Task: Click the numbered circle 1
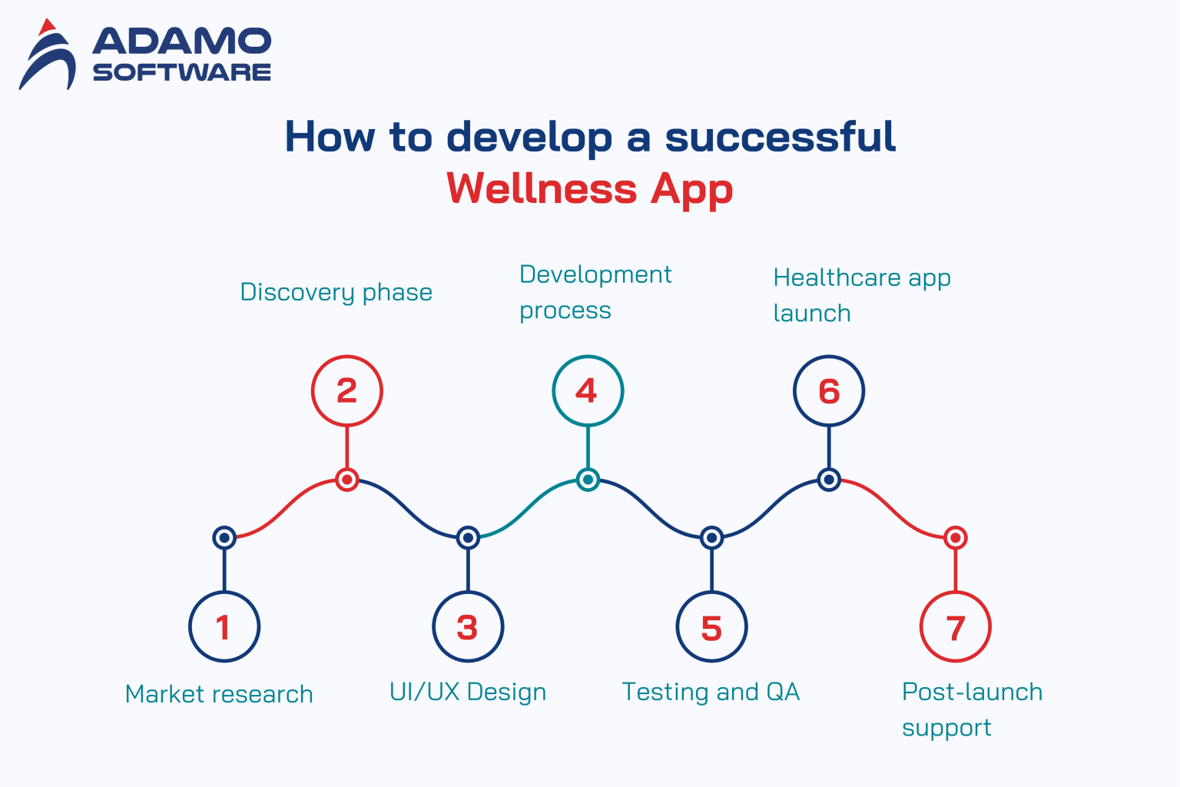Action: pyautogui.click(x=224, y=626)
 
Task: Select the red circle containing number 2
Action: pyautogui.click(x=346, y=390)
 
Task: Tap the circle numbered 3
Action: pyautogui.click(x=468, y=626)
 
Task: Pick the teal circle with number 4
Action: pyautogui.click(x=588, y=390)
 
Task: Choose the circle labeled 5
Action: pyautogui.click(x=711, y=626)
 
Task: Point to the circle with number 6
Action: pyautogui.click(x=829, y=390)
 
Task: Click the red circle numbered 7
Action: pyautogui.click(x=955, y=626)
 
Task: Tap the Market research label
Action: pyautogui.click(x=219, y=694)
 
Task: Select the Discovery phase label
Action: pyautogui.click(x=336, y=292)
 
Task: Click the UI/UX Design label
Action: pyautogui.click(x=468, y=692)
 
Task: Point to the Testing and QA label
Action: pyautogui.click(x=711, y=692)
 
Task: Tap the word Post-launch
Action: pyautogui.click(x=972, y=692)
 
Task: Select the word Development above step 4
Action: pyautogui.click(x=595, y=274)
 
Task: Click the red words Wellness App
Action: pyautogui.click(x=589, y=188)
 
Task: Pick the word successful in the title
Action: pyautogui.click(x=780, y=137)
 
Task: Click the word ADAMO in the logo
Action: pyautogui.click(x=182, y=42)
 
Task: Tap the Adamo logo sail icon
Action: pyautogui.click(x=48, y=55)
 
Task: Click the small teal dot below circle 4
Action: pyautogui.click(x=588, y=480)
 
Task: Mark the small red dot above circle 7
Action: pyautogui.click(x=955, y=537)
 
